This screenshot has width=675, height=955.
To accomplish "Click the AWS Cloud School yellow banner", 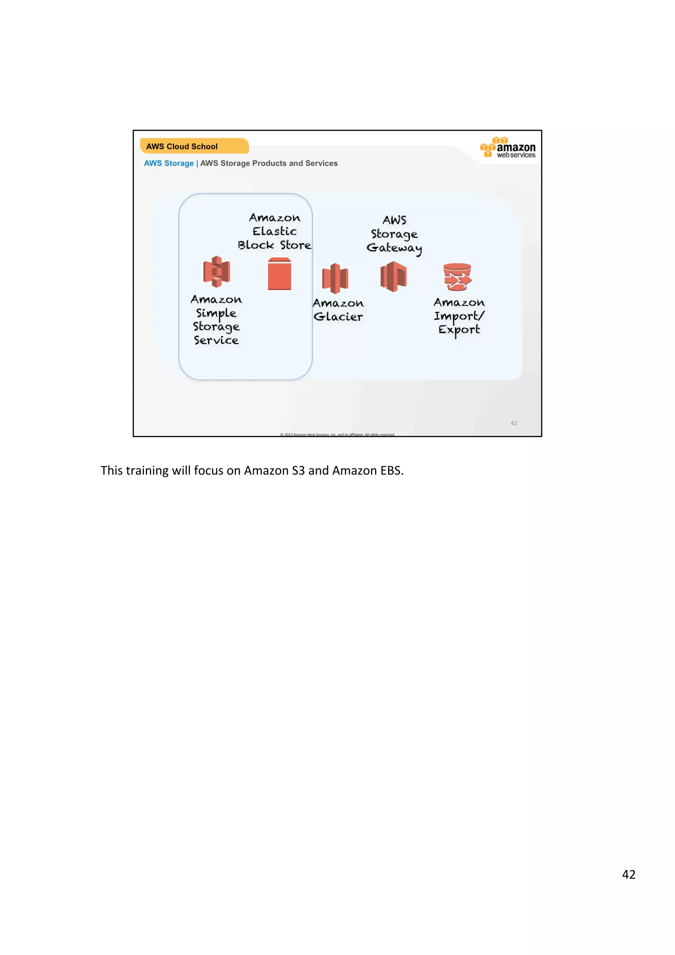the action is [x=194, y=146].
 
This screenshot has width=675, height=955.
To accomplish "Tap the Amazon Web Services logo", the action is [x=508, y=148].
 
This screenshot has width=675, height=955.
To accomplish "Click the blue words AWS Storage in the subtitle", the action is [x=168, y=163].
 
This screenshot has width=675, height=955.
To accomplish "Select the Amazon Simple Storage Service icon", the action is [x=216, y=272].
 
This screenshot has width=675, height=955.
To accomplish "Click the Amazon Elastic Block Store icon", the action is [x=279, y=274].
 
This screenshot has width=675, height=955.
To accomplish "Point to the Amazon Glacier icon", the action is [x=335, y=278].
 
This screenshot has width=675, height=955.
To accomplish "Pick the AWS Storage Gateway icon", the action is [x=393, y=276].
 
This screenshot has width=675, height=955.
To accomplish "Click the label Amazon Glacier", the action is [x=338, y=310].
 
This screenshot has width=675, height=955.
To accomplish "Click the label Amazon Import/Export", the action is [x=459, y=316].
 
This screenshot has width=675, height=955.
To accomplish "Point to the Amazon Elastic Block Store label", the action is [x=275, y=231].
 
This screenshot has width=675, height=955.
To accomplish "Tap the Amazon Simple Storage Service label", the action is [x=216, y=320].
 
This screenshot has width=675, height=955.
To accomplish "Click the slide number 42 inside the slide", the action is [x=514, y=423].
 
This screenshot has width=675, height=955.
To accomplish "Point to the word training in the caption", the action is [x=145, y=471].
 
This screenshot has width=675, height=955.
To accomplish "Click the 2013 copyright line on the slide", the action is [x=337, y=434].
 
